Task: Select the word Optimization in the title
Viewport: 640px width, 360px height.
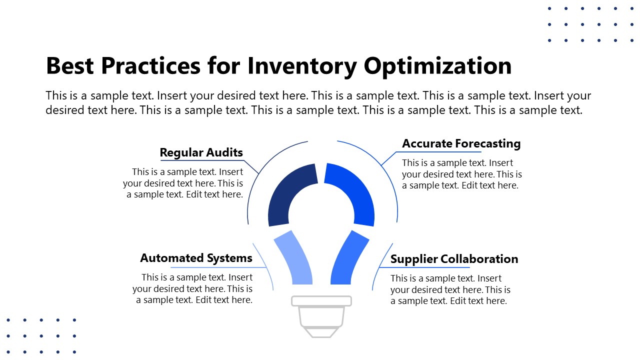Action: pyautogui.click(x=438, y=65)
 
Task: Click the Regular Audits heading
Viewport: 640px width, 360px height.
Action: pyautogui.click(x=201, y=152)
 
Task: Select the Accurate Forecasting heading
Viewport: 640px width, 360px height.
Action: pyautogui.click(x=461, y=143)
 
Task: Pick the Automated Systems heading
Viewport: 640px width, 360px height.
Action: pyautogui.click(x=196, y=258)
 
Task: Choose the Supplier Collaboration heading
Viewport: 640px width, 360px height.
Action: pyautogui.click(x=454, y=259)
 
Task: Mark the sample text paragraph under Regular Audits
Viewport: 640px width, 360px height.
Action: pyautogui.click(x=184, y=183)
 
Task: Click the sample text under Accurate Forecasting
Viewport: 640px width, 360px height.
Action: pyautogui.click(x=461, y=174)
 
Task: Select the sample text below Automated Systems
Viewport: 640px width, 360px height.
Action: pyautogui.click(x=193, y=288)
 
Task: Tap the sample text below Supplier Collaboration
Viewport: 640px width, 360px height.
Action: pyautogui.click(x=450, y=289)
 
